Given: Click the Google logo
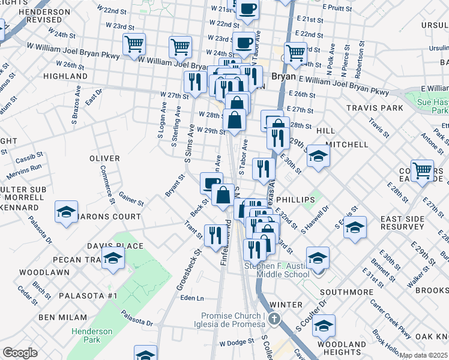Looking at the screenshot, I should (x=19, y=353).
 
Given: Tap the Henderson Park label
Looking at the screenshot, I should (x=92, y=335).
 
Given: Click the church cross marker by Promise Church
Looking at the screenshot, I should (x=274, y=319).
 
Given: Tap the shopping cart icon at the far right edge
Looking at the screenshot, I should (x=423, y=170).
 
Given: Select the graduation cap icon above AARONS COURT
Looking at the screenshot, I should (x=66, y=212).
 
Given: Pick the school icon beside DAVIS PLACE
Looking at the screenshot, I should (x=112, y=259).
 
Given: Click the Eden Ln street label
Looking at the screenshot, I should (x=192, y=298).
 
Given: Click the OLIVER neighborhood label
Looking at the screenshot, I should (x=104, y=158).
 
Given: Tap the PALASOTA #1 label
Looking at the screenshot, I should (x=87, y=296).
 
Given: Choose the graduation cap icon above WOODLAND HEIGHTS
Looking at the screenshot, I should (x=324, y=327).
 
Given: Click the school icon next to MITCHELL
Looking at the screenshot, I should (x=318, y=157).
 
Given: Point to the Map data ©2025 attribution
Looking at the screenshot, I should (x=423, y=355).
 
